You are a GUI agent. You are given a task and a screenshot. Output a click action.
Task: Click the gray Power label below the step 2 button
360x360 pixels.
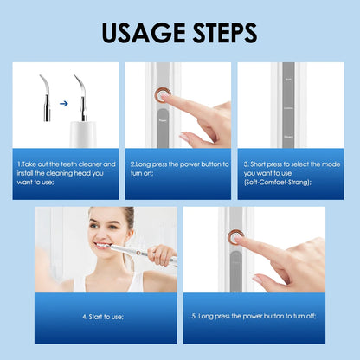pos(162,122)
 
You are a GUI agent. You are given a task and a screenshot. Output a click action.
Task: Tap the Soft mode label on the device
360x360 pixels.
pos(289,79)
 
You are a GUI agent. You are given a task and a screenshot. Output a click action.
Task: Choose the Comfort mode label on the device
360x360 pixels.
pos(289,108)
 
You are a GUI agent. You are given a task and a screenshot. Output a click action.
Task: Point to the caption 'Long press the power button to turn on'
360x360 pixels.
pos(179,168)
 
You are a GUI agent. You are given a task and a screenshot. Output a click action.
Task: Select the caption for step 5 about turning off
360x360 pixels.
pos(254,317)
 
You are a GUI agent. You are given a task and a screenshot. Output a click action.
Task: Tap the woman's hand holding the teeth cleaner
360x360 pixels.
pos(161,255)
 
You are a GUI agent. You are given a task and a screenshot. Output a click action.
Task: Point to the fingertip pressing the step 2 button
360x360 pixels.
pos(169,98)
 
